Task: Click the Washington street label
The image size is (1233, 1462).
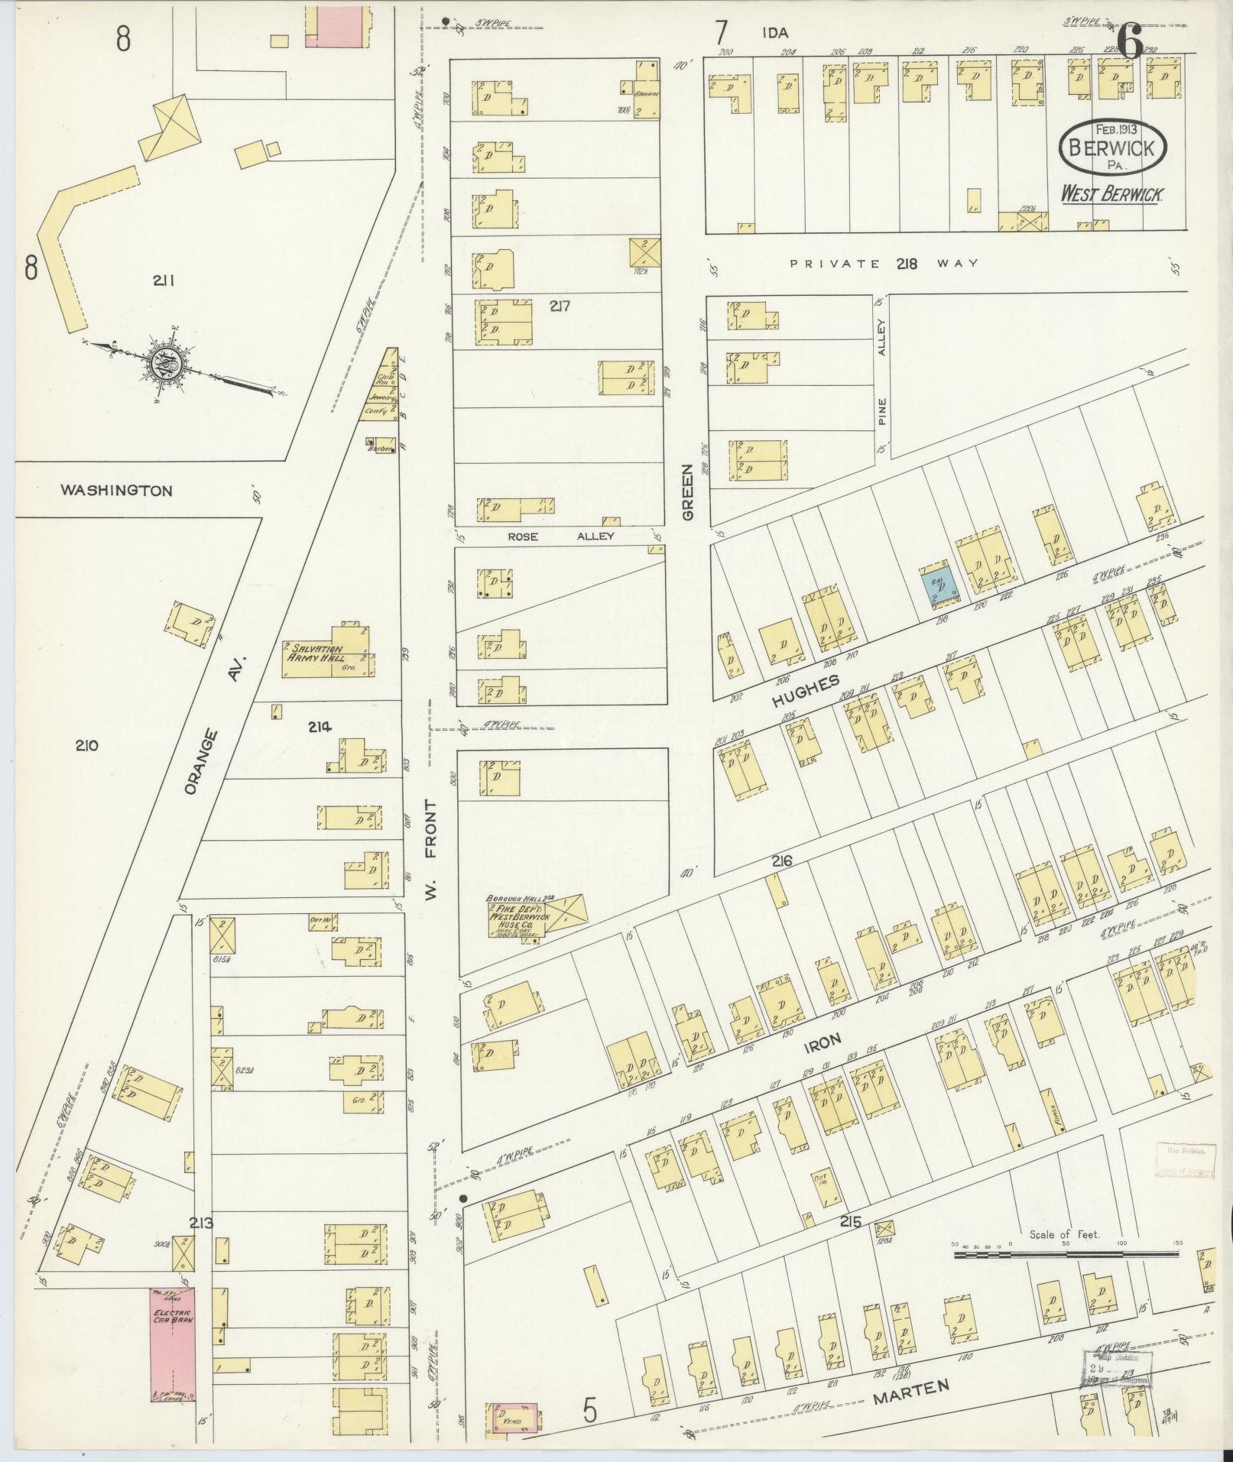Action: pos(116,491)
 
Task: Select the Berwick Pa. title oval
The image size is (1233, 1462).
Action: pos(1112,146)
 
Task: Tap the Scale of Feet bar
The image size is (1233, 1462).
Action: pos(1066,1254)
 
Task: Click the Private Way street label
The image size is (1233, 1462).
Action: pos(884,263)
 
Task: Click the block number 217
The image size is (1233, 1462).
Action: pos(560,306)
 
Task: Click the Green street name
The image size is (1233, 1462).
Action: pos(687,493)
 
